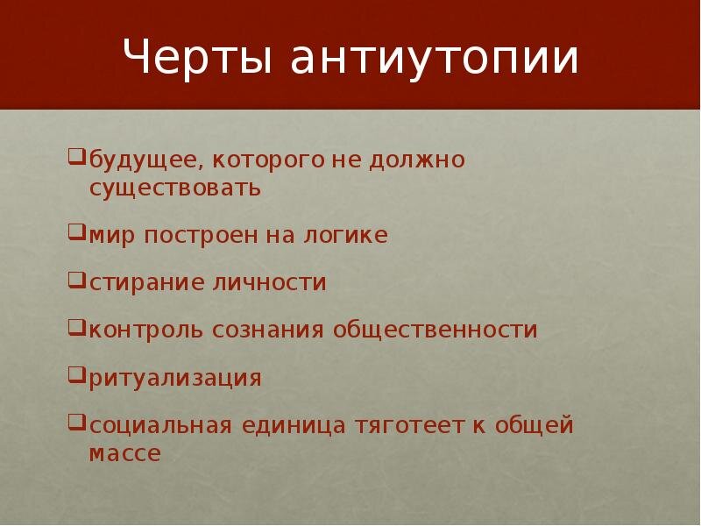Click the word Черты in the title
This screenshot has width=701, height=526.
197,56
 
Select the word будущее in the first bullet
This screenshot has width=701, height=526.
143,160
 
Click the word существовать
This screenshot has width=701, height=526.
174,188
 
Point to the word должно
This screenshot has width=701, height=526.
417,160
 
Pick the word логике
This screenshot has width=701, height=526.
345,235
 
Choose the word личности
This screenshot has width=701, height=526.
269,282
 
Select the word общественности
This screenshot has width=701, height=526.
435,331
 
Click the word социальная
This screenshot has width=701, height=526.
161,426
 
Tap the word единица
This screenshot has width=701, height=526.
294,426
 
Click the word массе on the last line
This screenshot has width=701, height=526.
124,453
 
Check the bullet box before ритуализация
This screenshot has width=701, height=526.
76,375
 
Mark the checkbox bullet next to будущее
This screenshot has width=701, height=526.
76,157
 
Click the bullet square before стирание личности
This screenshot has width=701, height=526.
76,281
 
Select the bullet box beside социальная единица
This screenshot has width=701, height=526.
76,423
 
